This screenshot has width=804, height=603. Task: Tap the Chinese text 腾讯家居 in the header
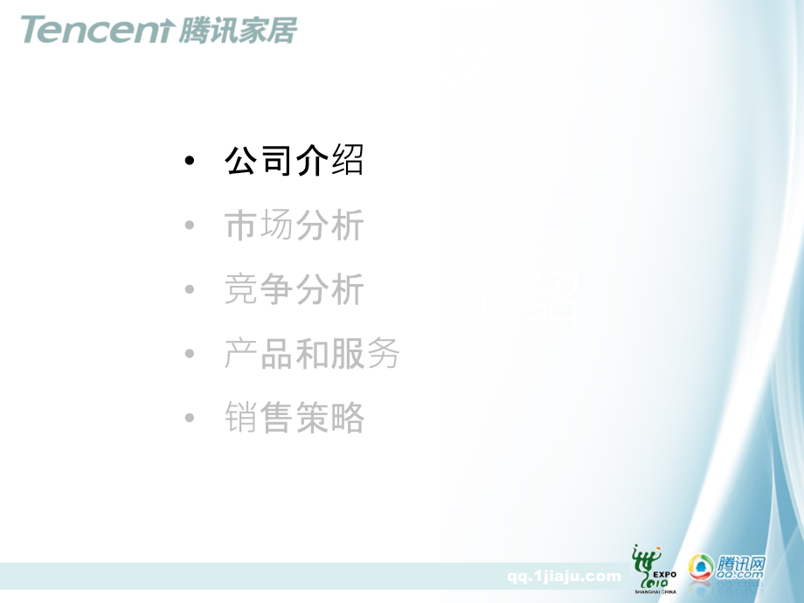coord(237,30)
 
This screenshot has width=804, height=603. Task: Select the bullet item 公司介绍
coord(294,162)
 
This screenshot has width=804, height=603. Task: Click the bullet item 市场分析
coord(294,226)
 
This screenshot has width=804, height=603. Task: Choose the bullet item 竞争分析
coord(294,290)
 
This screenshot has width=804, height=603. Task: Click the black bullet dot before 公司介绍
coord(190,163)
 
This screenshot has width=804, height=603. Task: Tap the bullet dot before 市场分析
coord(190,227)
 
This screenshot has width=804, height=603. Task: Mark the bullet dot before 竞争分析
coord(190,291)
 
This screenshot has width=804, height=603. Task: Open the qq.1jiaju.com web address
coord(564,576)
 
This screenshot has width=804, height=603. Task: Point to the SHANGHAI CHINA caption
coord(655,592)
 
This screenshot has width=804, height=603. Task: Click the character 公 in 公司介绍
coord(241,162)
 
